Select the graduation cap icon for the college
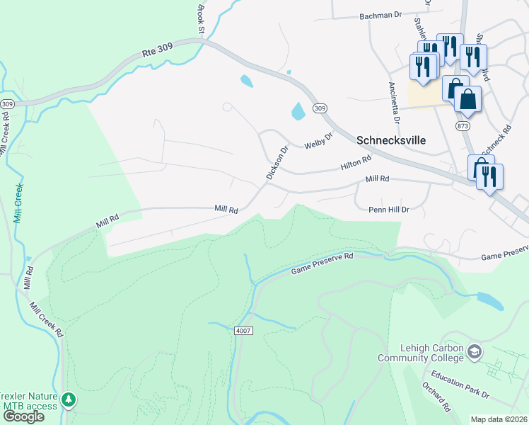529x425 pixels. [475, 351]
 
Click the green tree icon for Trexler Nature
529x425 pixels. [69, 400]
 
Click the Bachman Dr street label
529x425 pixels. [380, 15]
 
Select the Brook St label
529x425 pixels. [200, 19]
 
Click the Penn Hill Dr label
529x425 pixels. [389, 210]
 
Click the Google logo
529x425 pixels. [23, 416]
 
